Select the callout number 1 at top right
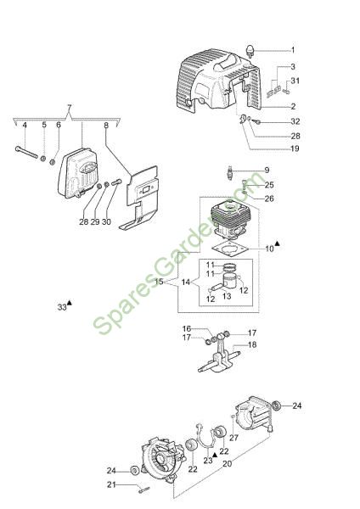click(293, 50)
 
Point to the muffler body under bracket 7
click(78, 171)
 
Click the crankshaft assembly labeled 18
click(220, 355)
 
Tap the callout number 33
click(62, 307)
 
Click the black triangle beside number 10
click(277, 243)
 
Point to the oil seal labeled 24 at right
click(277, 406)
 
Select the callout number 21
click(111, 484)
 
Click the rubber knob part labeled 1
click(250, 51)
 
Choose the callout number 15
click(159, 282)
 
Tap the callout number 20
click(227, 463)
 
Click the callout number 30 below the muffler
click(107, 221)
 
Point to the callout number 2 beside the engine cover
click(293, 106)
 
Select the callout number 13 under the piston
click(227, 296)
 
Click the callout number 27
click(234, 438)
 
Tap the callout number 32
click(295, 121)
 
